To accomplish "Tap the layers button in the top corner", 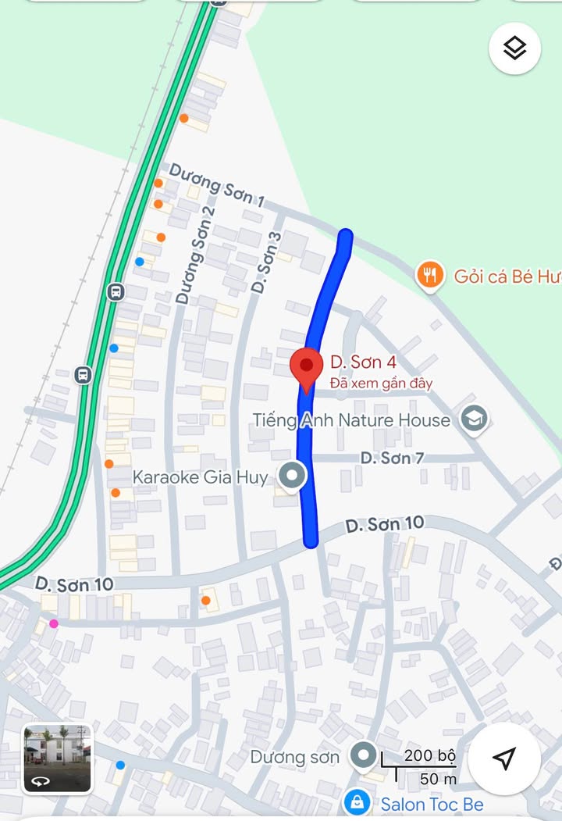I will click(x=514, y=48).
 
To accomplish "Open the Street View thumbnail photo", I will click(x=57, y=758).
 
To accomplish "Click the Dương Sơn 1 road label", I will click(x=216, y=185).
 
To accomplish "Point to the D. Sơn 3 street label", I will click(x=266, y=262).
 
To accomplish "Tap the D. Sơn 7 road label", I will click(x=392, y=458).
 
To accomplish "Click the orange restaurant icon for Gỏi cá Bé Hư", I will click(x=430, y=275).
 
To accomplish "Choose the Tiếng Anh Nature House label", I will click(x=351, y=420).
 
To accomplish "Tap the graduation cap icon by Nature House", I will click(x=474, y=419).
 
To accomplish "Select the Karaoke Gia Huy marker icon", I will click(x=293, y=476).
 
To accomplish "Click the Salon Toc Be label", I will click(x=432, y=804).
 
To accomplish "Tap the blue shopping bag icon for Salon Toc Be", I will click(x=357, y=802).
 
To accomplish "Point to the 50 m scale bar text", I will click(x=438, y=779).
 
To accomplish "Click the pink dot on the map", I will click(x=54, y=623).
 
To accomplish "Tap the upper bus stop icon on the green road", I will click(x=116, y=292).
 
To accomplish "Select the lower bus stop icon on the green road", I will click(x=83, y=374).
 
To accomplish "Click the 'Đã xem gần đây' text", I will click(x=381, y=384).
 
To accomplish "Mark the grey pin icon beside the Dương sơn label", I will click(x=362, y=755).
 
